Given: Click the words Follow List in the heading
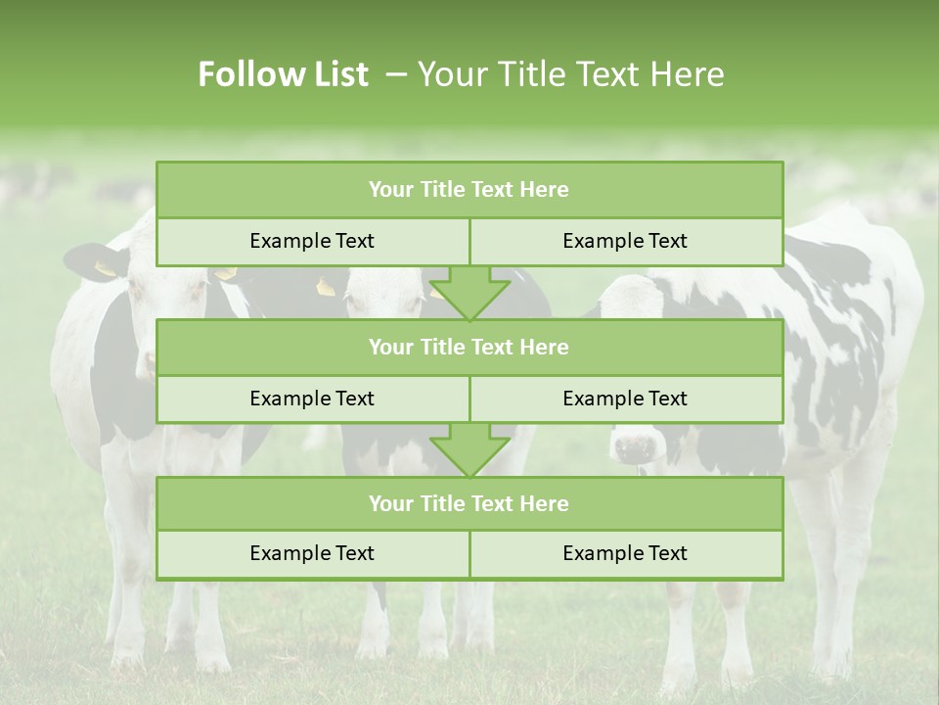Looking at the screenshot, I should (283, 74).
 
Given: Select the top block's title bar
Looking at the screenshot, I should (469, 190).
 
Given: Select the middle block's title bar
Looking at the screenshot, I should (469, 347).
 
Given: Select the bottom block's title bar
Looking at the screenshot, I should (469, 503).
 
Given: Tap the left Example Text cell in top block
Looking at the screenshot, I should (312, 241).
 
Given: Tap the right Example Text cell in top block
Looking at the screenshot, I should (625, 241).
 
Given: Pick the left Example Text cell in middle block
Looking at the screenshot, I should (312, 399).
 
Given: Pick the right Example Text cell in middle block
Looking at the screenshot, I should (625, 399).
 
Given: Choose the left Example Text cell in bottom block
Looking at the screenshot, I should (312, 553).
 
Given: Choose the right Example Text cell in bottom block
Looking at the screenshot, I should (625, 553).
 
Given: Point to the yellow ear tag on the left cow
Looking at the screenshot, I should (104, 267).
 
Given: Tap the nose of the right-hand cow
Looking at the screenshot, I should (635, 448).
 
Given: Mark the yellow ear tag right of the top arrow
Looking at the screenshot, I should (326, 286).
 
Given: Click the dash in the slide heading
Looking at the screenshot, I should (396, 74).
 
